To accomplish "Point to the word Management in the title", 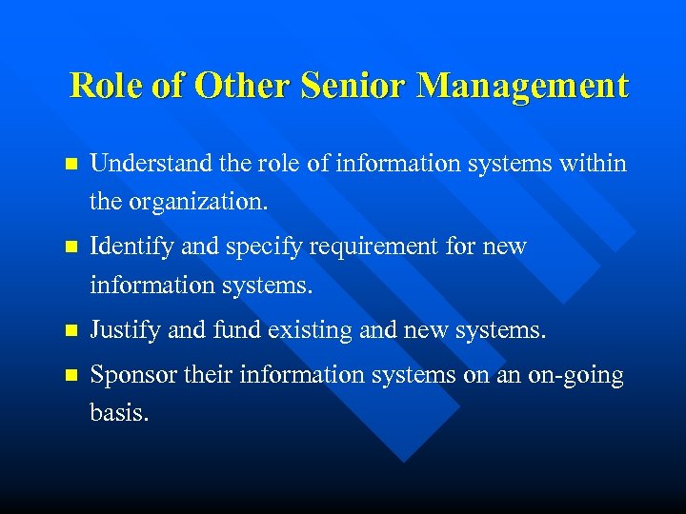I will pyautogui.click(x=523, y=87).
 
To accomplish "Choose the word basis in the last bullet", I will pyautogui.click(x=118, y=414).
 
